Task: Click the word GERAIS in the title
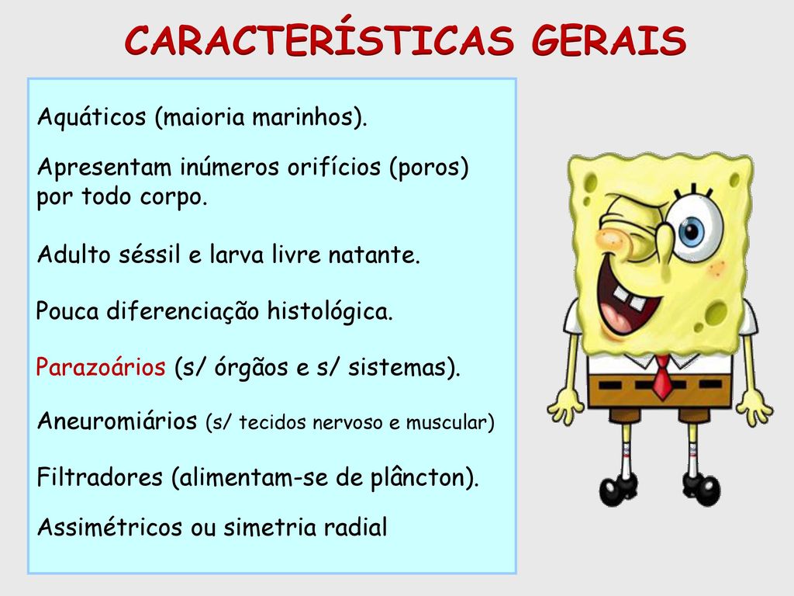tap(609, 40)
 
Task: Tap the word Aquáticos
tap(91, 117)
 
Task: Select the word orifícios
tap(334, 166)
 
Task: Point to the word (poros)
tap(429, 168)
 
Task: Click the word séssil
tap(150, 254)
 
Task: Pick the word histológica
tap(330, 310)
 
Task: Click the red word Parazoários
tap(101, 366)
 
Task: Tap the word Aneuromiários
tap(117, 421)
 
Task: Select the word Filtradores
tap(100, 477)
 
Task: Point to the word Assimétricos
tap(109, 527)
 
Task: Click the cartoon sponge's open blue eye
tap(692, 230)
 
